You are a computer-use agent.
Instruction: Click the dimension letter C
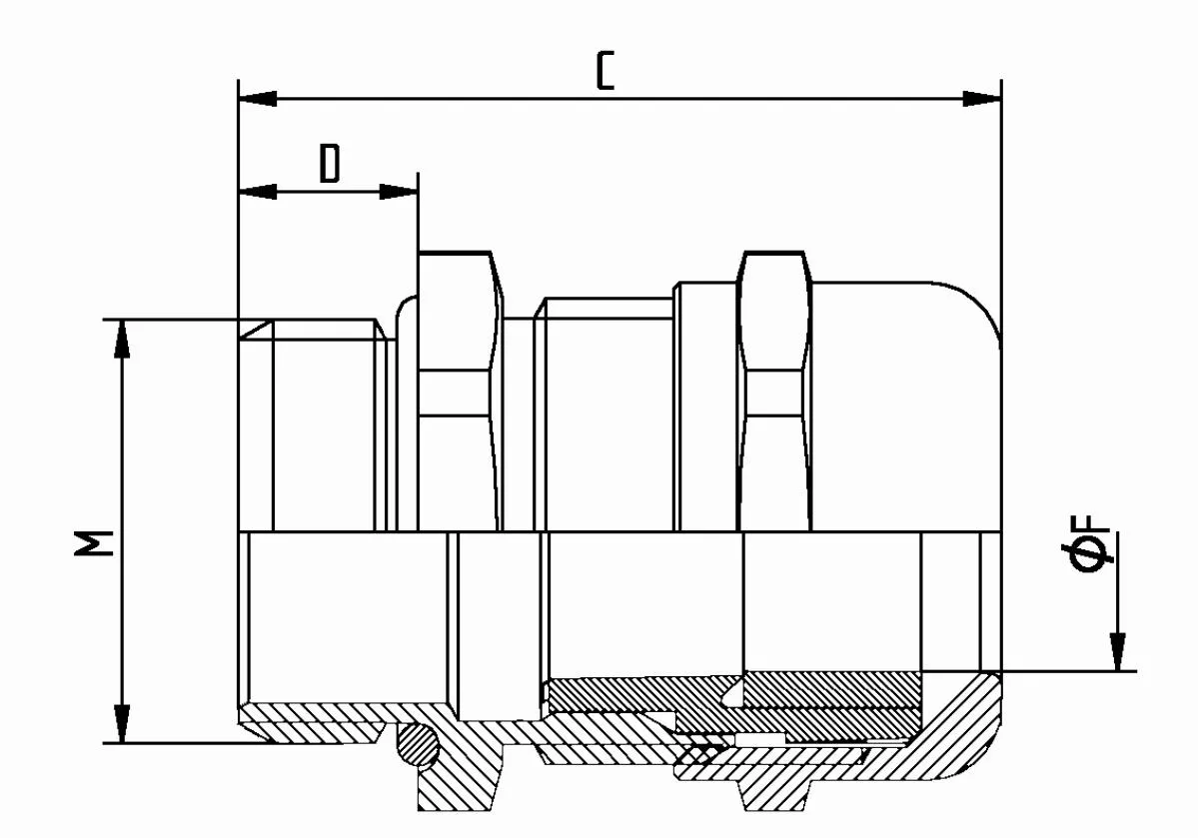pos(604,71)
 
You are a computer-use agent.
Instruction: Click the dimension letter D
pos(330,163)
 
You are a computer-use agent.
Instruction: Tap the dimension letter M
pos(94,543)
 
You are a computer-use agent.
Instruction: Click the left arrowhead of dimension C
pos(258,99)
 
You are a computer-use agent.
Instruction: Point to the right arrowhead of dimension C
pos(982,99)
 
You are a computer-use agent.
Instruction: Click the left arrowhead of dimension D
pos(258,191)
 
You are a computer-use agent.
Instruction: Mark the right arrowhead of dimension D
pos(399,191)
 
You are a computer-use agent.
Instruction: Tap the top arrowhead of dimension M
pos(122,339)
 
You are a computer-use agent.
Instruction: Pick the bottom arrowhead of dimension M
pos(122,723)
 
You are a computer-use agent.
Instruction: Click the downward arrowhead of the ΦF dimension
pos(1118,652)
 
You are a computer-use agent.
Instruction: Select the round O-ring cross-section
pos(418,743)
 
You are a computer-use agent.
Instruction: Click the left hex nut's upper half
pos(460,390)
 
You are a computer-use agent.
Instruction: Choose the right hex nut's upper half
pos(774,390)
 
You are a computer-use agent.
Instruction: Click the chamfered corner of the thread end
pos(255,330)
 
